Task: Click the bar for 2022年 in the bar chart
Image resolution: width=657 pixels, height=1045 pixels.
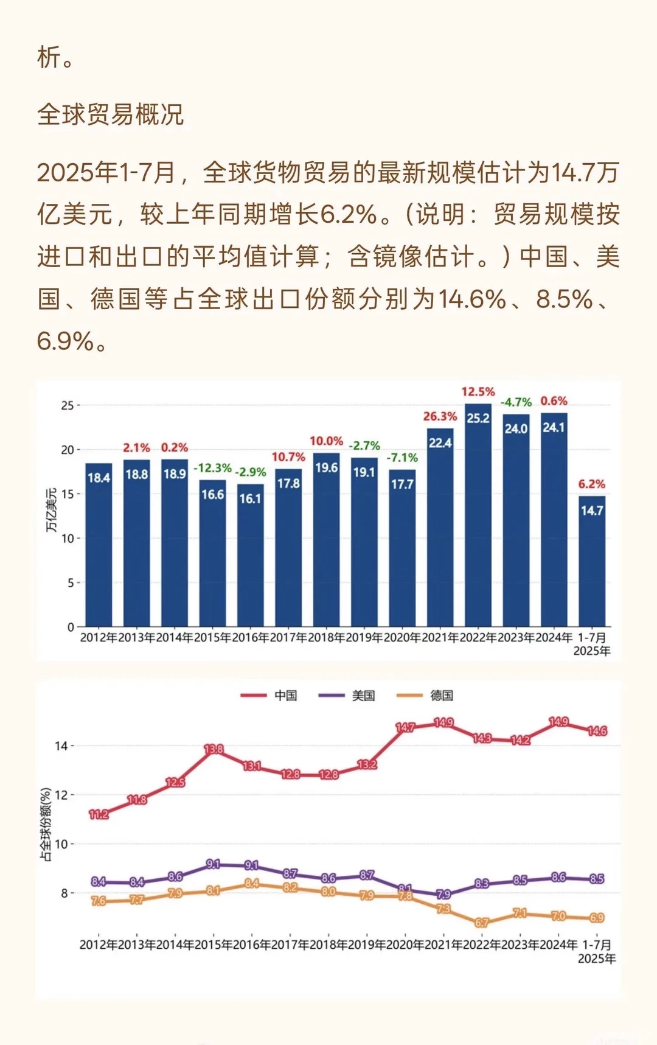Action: [478, 517]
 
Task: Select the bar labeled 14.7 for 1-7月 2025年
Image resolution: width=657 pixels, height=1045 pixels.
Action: [591, 563]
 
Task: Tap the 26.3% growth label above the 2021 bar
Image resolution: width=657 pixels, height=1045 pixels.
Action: [440, 416]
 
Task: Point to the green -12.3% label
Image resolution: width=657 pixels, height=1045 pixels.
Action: [212, 468]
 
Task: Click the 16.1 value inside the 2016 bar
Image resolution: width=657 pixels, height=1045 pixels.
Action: [250, 498]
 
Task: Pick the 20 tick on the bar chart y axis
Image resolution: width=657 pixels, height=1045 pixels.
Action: [67, 450]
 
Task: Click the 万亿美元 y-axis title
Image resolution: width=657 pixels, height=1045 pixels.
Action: [52, 510]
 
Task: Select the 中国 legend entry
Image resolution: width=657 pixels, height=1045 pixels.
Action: [269, 695]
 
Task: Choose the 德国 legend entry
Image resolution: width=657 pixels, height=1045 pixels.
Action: [426, 695]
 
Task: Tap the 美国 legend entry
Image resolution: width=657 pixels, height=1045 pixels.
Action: [347, 695]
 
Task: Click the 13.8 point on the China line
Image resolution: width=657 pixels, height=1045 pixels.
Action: [214, 749]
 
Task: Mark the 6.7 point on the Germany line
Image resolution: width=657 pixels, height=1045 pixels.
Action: [481, 923]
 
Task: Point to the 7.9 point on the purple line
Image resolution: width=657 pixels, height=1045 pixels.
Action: [443, 894]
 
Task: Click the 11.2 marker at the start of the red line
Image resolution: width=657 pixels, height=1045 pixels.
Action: [99, 814]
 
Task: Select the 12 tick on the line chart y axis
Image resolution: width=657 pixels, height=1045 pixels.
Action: [61, 795]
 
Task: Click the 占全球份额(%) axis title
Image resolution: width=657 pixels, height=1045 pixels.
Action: [46, 825]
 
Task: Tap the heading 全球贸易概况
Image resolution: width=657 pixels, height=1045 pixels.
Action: [110, 114]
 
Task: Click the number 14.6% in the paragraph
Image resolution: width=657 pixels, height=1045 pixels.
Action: [472, 299]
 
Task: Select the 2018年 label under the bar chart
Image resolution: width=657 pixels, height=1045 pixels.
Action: [326, 637]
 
